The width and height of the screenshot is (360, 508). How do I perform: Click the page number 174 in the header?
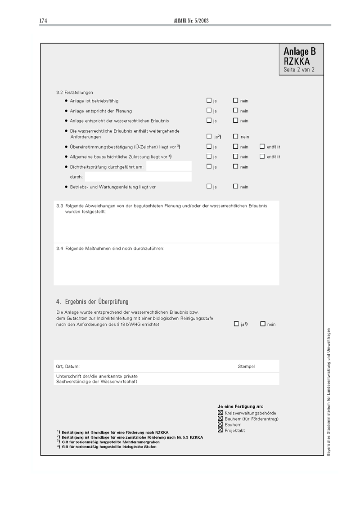(43, 21)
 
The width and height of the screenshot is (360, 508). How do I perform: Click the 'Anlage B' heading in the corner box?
(300, 51)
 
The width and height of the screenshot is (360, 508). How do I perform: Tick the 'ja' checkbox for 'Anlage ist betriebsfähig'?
(209, 100)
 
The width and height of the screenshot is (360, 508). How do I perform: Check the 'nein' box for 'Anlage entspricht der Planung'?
(235, 110)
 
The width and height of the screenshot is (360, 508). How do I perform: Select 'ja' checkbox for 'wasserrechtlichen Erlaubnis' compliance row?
(209, 120)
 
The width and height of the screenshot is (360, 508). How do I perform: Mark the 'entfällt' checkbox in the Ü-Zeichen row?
(262, 146)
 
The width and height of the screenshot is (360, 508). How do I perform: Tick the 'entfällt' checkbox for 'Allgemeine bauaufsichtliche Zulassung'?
(262, 156)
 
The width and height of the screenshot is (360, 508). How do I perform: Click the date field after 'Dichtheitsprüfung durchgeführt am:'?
(169, 166)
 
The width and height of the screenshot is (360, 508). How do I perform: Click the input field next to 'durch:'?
(138, 177)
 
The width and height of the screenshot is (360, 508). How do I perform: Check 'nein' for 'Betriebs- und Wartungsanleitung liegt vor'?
(235, 186)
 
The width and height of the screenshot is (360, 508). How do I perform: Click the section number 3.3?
(59, 206)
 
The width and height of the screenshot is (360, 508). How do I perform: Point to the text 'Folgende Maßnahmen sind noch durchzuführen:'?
(115, 248)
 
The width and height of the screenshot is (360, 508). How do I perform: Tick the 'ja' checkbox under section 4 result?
(236, 324)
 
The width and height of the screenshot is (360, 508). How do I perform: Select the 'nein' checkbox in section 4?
(263, 324)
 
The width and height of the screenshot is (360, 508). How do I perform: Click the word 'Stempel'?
(246, 366)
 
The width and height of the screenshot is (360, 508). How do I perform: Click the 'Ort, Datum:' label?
(68, 366)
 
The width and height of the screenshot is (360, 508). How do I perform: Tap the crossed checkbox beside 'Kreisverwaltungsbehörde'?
(220, 413)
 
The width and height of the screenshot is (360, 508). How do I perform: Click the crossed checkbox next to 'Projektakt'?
(220, 430)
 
